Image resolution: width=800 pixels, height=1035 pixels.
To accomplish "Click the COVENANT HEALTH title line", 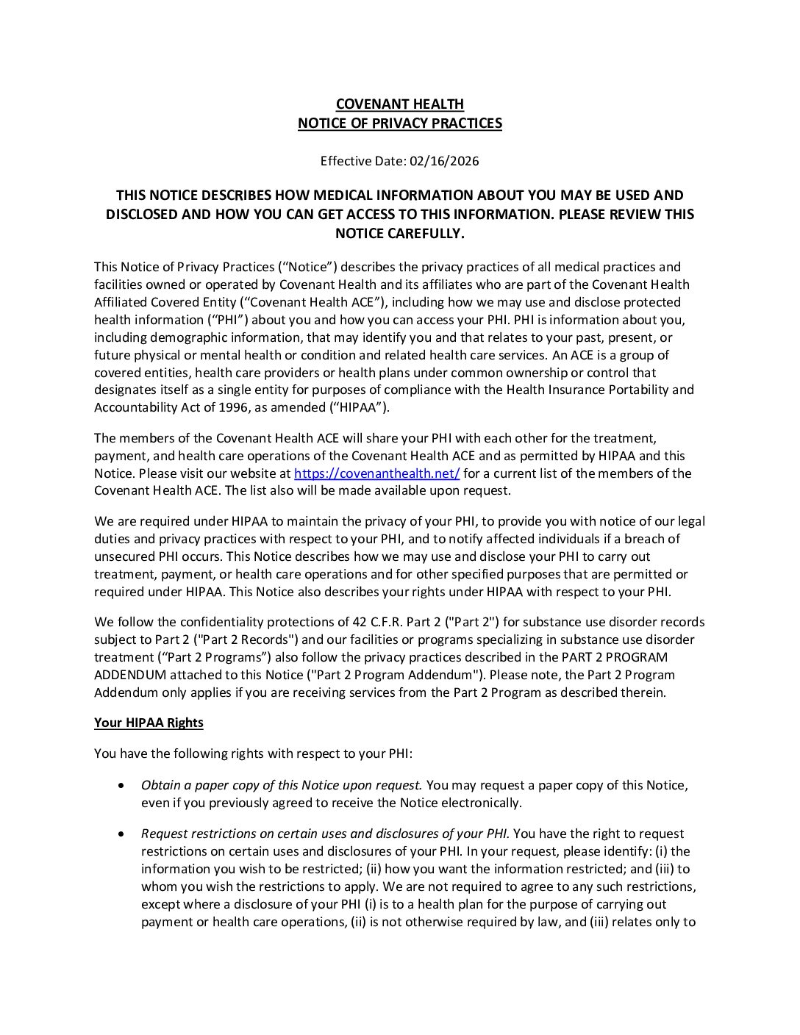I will (399, 104).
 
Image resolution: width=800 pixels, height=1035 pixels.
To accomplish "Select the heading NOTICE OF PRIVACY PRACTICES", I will (399, 123).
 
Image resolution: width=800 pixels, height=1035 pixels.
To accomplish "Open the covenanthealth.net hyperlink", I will (376, 473).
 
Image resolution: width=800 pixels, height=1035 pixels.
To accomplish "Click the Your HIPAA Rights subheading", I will (149, 723).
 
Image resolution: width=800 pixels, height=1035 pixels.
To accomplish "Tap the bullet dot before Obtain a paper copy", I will (121, 786).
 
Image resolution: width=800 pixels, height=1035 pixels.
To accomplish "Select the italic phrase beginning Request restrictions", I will (326, 834).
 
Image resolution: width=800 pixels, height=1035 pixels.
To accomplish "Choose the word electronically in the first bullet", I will (479, 803).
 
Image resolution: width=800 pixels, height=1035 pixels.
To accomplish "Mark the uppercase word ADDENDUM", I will (130, 675).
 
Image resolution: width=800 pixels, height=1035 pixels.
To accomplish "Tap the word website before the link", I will (251, 473).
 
